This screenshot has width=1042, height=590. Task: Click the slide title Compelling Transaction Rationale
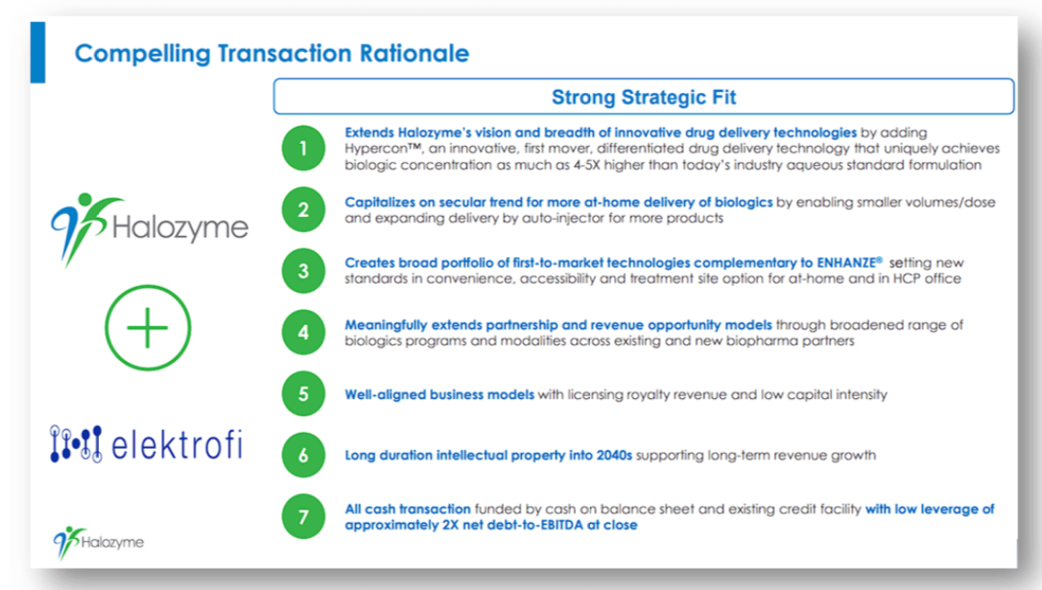pyautogui.click(x=272, y=53)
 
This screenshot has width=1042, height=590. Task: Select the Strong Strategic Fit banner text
pyautogui.click(x=643, y=97)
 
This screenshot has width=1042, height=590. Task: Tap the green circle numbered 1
pyautogui.click(x=303, y=148)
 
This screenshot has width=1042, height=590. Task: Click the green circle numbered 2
pyautogui.click(x=303, y=210)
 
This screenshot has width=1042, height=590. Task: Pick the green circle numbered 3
pyautogui.click(x=303, y=271)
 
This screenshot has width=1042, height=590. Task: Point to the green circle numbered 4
pyautogui.click(x=303, y=332)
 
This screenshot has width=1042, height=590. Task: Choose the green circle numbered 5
pyautogui.click(x=303, y=394)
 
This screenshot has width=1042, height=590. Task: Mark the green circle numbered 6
pyautogui.click(x=303, y=455)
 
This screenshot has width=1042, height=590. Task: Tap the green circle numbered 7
pyautogui.click(x=303, y=516)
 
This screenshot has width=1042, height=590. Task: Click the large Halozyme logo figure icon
pyautogui.click(x=84, y=229)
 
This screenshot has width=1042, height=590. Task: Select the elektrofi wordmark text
pyautogui.click(x=177, y=444)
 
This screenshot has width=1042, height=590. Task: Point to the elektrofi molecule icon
pyautogui.click(x=76, y=444)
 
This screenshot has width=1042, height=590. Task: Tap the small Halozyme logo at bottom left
pyautogui.click(x=99, y=543)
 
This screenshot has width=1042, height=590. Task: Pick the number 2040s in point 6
pyautogui.click(x=614, y=455)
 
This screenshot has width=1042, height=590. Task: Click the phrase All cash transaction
pyautogui.click(x=408, y=509)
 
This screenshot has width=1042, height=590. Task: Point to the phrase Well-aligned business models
pyautogui.click(x=439, y=394)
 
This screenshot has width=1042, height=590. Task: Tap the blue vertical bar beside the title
pyautogui.click(x=37, y=53)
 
